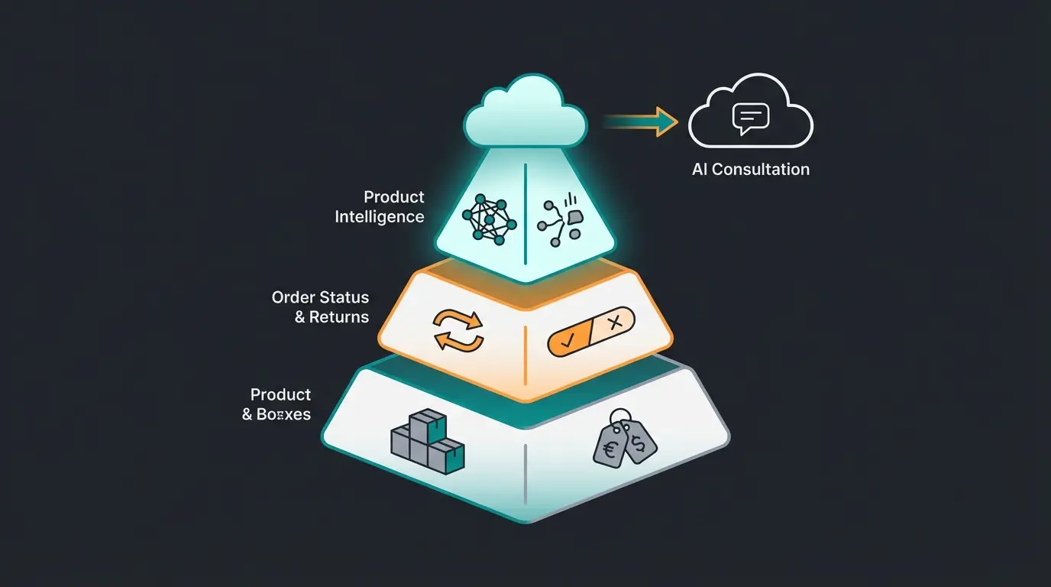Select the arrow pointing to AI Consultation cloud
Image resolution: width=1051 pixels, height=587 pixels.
tap(642, 122)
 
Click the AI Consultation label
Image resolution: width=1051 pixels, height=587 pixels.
tap(751, 170)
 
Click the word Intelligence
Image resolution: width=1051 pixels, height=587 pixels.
tap(380, 217)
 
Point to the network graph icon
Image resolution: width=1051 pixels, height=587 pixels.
tap(490, 219)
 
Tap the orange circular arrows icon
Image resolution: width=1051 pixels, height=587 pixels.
tap(458, 330)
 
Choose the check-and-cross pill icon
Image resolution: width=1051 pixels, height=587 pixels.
tap(591, 332)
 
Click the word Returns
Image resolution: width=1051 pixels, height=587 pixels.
tap(339, 317)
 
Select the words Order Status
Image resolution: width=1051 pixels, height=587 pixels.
tap(320, 297)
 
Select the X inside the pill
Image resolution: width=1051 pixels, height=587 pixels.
tap(615, 323)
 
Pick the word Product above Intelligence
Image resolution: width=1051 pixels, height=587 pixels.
tap(394, 197)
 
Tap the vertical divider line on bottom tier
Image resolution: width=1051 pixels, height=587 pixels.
tap(525, 474)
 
